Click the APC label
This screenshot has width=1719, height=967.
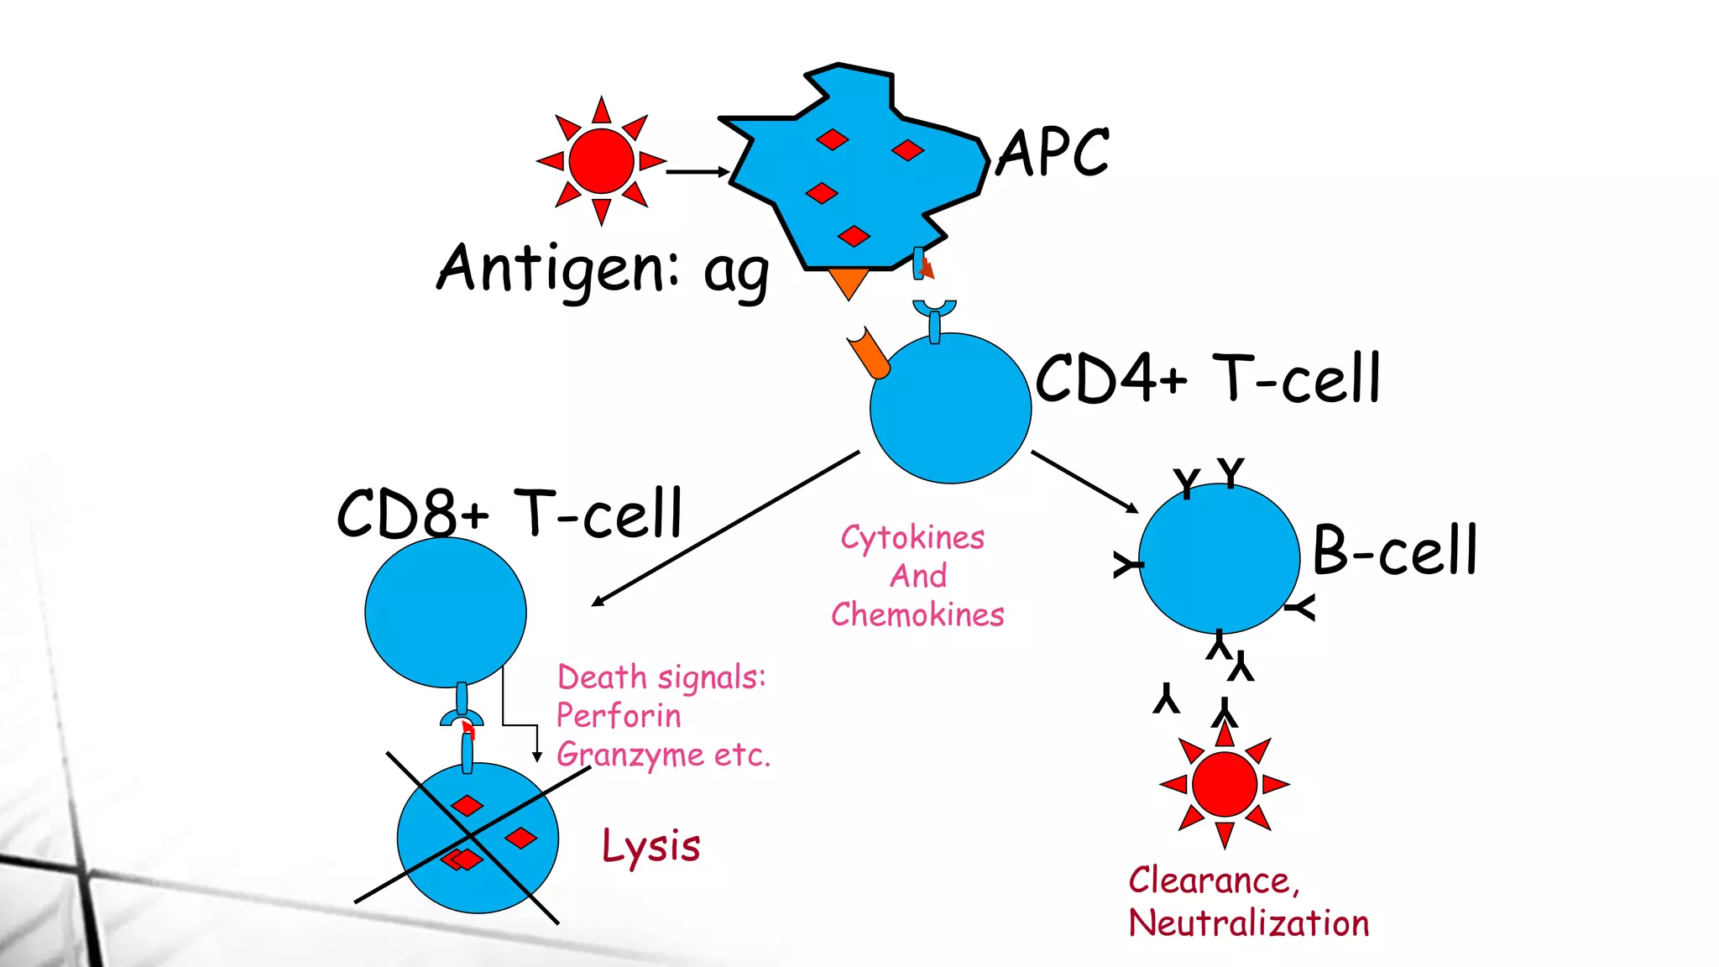[1053, 153]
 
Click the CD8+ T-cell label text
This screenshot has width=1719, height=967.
[509, 513]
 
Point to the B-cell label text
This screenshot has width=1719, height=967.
[1394, 550]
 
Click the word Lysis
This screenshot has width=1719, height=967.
[651, 846]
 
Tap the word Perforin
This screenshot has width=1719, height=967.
[619, 716]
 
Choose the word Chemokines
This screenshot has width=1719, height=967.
[917, 614]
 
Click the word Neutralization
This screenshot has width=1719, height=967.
[1248, 923]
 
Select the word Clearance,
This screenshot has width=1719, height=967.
[1214, 881]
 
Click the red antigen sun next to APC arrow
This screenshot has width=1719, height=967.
[601, 160]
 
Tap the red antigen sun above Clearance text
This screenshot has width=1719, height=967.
[1224, 785]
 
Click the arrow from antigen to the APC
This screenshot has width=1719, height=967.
[697, 171]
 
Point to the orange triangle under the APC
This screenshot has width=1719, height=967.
[849, 281]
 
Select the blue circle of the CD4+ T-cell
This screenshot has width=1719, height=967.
[950, 409]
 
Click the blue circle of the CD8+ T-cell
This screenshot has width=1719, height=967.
[445, 612]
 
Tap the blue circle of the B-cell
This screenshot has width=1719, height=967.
[1219, 558]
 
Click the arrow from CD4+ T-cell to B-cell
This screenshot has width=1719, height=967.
[1084, 481]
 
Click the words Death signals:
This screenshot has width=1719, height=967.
[661, 677]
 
